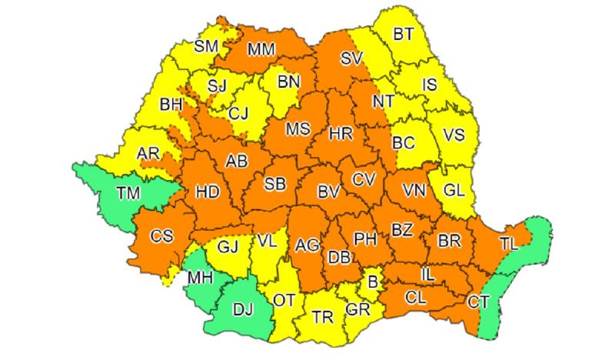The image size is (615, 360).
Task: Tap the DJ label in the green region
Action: coord(242,310)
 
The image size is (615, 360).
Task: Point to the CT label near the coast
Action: coord(478,301)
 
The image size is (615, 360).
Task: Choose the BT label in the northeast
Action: coord(404,34)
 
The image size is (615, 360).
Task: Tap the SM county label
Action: coord(206,46)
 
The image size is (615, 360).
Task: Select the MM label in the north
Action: coord(261,51)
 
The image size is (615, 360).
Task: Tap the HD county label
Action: coord(208,190)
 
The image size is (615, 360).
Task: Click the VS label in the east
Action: coord(454,135)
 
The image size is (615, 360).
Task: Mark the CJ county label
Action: coord(238,115)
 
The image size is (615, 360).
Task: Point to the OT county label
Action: coord(284,300)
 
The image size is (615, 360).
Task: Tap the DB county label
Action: coord(339,258)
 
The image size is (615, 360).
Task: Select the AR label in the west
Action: coord(147,154)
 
